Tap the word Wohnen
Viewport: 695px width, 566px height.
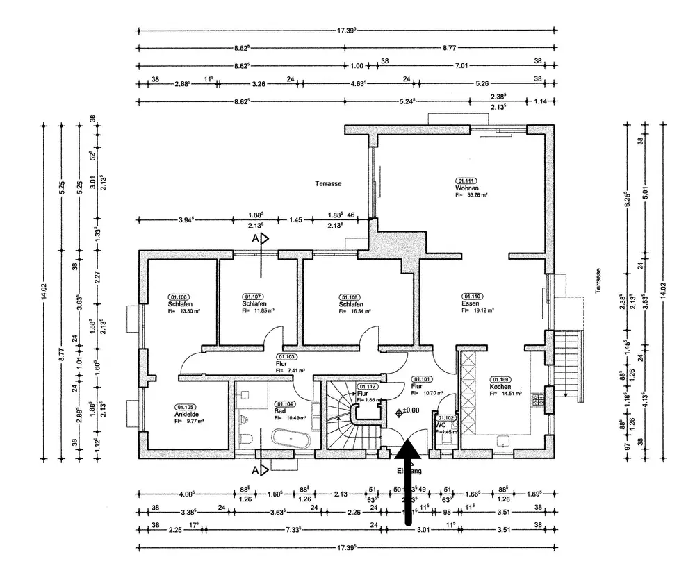466,188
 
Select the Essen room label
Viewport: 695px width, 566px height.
470,303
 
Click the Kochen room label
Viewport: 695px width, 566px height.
500,387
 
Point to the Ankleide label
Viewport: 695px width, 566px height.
185,415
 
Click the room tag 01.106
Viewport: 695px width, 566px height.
178,297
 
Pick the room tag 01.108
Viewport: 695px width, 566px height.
350,297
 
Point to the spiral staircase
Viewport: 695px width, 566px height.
352,414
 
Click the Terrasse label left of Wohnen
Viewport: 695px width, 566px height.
327,184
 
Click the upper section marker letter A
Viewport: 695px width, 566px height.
256,238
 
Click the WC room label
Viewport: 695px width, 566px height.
440,425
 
